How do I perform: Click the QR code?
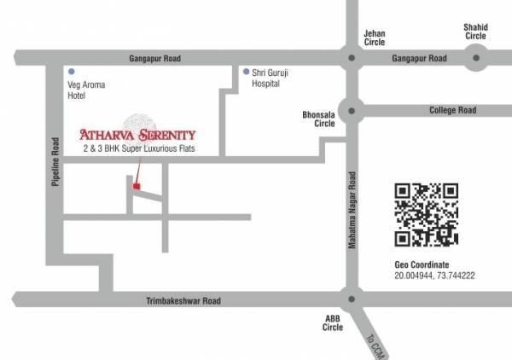426,214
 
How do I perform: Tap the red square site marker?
137,185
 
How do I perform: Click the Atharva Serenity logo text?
137,134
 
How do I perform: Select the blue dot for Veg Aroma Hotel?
72,71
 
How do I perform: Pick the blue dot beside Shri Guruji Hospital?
246,71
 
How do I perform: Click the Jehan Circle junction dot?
350,58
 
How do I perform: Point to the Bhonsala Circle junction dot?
350,110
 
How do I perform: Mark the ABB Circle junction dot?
350,299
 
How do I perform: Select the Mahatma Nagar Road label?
351,209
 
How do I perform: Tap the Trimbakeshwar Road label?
184,300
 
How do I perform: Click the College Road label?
452,110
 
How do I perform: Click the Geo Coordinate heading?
422,265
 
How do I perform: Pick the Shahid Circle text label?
475,32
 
